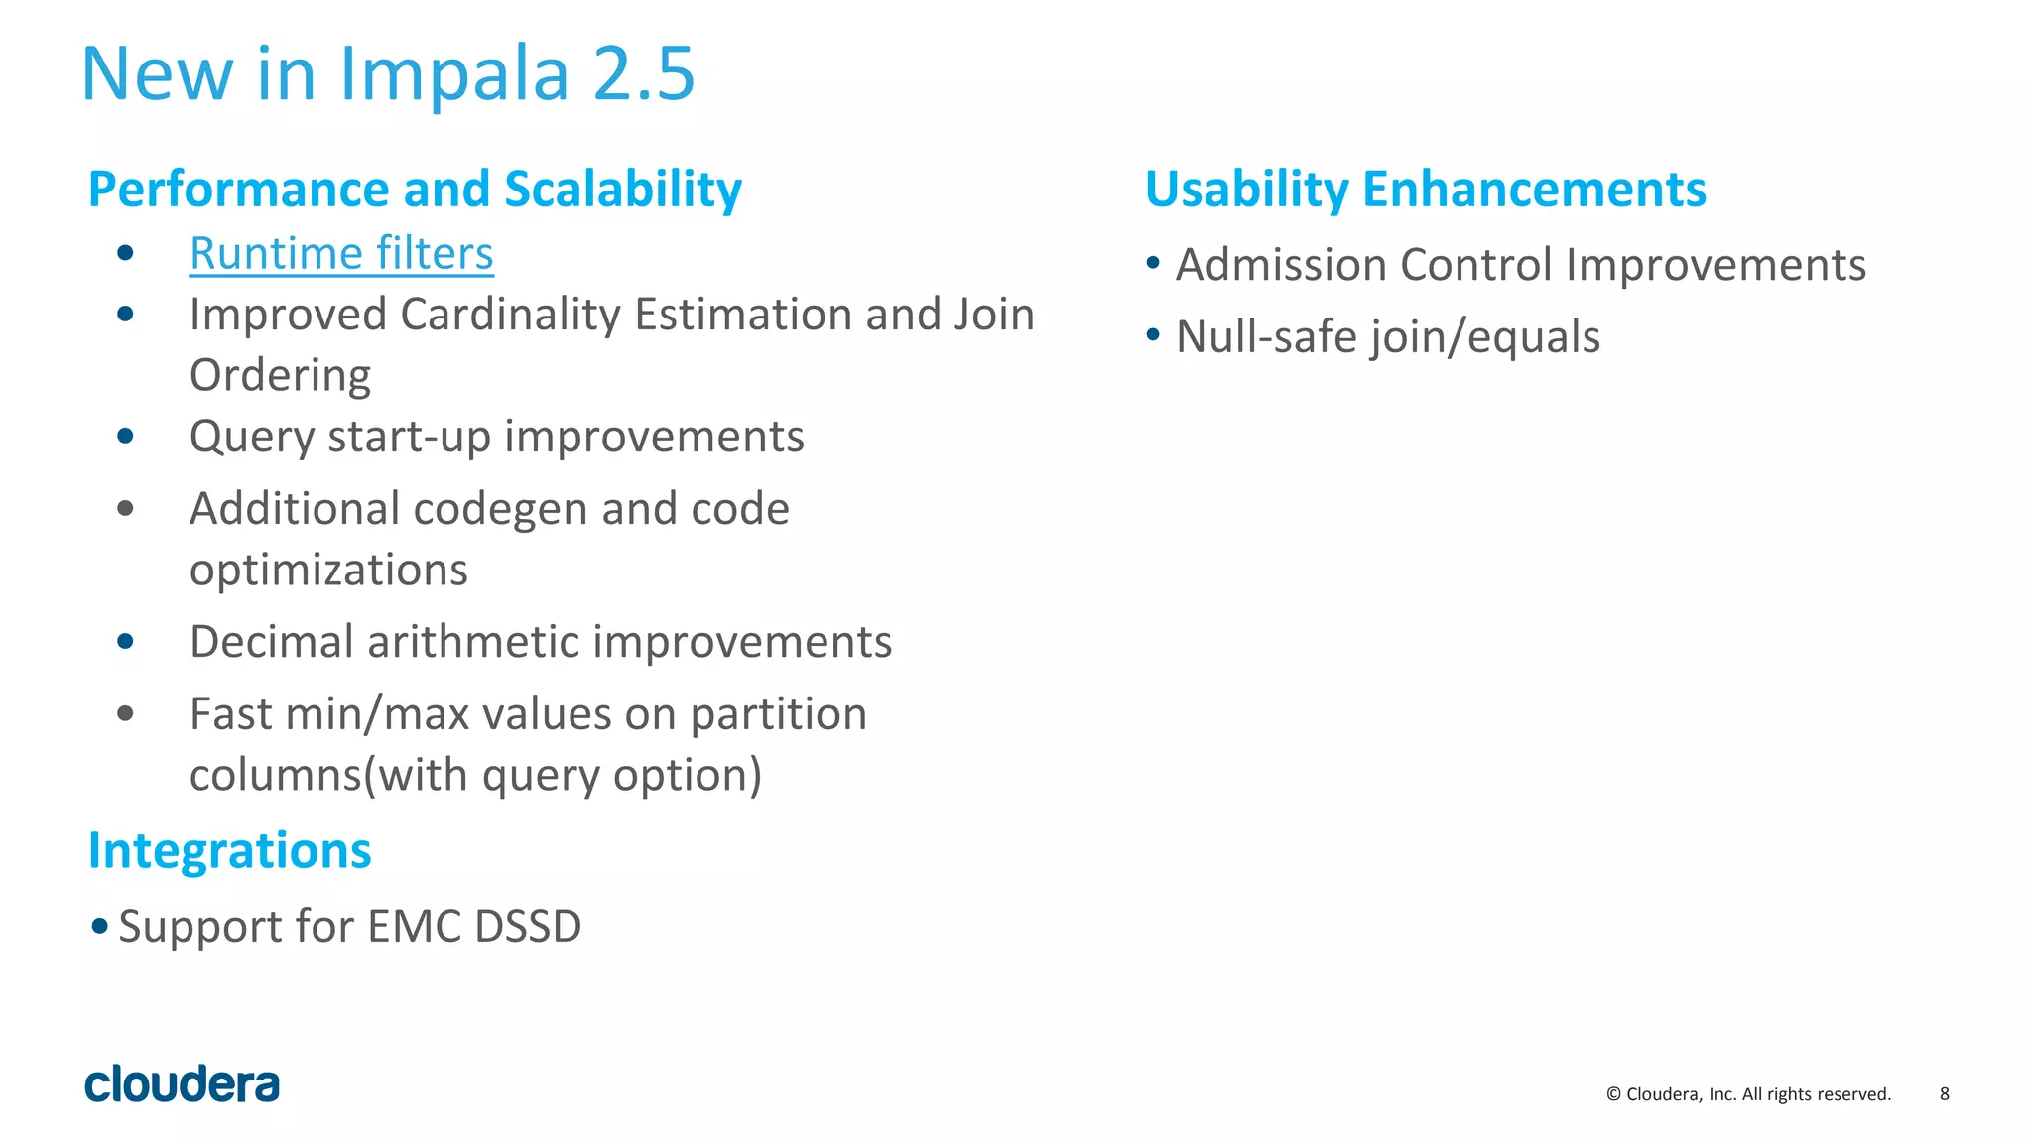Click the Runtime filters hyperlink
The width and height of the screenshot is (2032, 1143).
(341, 253)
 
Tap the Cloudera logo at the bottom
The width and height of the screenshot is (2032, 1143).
(182, 1084)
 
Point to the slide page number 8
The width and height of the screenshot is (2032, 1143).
(1944, 1093)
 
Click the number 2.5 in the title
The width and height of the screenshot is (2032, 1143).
(644, 73)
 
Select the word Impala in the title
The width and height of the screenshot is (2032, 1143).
(454, 75)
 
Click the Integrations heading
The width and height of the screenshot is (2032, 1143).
(229, 851)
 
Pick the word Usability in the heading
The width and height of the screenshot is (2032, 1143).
(1246, 190)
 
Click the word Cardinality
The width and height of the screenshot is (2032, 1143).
(510, 315)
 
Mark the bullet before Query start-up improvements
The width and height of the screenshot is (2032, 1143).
(125, 436)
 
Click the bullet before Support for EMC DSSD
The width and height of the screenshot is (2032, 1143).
(99, 926)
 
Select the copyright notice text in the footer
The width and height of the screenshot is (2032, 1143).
(1748, 1094)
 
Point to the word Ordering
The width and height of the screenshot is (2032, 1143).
(280, 376)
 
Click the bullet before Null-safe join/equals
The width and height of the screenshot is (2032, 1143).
(1153, 335)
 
